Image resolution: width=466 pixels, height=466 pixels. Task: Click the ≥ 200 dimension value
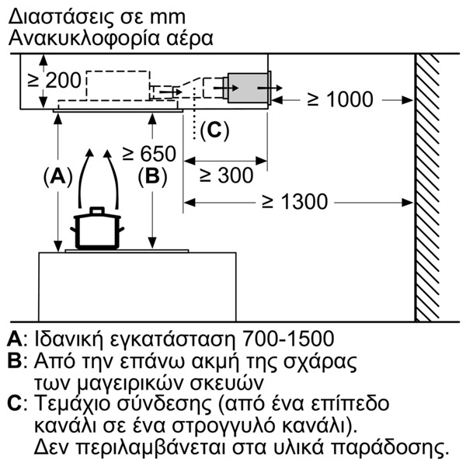pos(54,80)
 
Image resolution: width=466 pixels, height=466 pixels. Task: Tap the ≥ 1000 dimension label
pos(340,99)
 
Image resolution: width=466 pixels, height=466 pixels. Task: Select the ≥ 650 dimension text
pos(149,153)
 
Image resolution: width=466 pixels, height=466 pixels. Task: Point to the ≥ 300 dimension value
pos(227,175)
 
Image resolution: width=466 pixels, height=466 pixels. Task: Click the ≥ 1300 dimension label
pos(295,201)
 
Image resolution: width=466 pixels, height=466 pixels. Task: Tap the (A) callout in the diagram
pos(58,176)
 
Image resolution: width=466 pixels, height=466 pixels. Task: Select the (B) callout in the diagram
pos(152,176)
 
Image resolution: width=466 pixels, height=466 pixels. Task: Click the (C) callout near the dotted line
pos(214,130)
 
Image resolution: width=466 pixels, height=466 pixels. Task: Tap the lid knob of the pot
pos(97,210)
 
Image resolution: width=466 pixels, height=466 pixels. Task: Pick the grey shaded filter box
pos(248,88)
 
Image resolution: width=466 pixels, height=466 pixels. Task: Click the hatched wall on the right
pos(427,188)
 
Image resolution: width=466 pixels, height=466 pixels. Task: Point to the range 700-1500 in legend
pos(288,339)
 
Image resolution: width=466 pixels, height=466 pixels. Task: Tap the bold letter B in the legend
pos(14,360)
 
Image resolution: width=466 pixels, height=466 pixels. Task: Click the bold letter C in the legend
pos(15,403)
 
